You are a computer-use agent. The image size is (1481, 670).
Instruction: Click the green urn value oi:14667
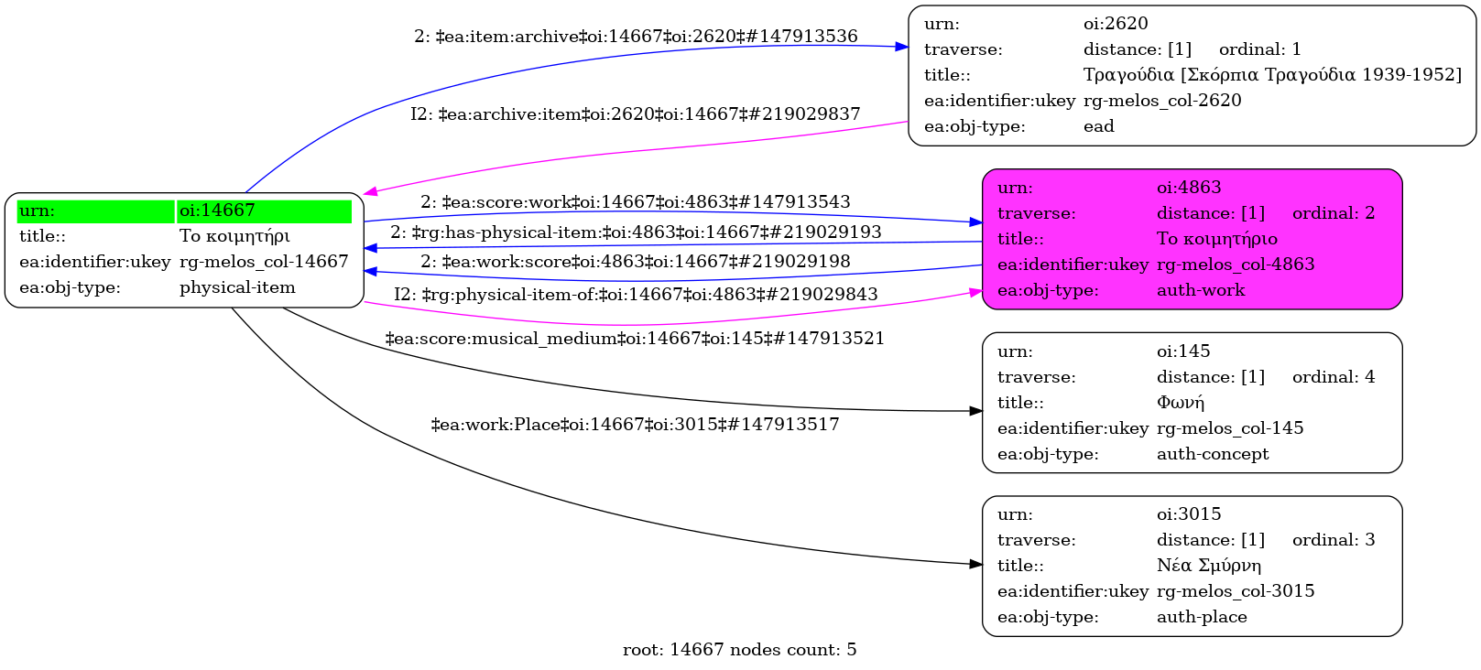tap(217, 211)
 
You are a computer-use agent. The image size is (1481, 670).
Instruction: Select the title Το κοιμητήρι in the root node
tap(234, 236)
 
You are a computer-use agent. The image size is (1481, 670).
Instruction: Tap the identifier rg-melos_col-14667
tap(264, 262)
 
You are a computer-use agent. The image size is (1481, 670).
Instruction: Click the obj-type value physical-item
tap(237, 287)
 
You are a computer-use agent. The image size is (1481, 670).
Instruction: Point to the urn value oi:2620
tap(1115, 24)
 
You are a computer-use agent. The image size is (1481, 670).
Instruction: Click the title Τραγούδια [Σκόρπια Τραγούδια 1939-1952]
tap(1272, 75)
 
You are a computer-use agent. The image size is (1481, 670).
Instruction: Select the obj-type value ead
tap(1098, 126)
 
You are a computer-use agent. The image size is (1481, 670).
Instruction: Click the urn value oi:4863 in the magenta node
tap(1189, 188)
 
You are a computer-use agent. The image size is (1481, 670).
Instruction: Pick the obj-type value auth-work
tap(1201, 290)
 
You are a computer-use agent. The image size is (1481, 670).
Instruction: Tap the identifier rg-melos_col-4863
tap(1236, 265)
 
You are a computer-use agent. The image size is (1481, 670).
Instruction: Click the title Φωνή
tap(1181, 403)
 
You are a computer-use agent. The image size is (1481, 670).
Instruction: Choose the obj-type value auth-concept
tap(1213, 454)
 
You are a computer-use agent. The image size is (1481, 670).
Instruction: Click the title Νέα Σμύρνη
tap(1209, 566)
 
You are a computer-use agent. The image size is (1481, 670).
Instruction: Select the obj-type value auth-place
tap(1202, 617)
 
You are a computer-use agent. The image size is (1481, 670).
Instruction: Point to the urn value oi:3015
tap(1189, 514)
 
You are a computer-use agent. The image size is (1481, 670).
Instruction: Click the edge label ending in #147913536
tap(636, 37)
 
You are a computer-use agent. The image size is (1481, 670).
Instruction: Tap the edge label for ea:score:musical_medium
tap(635, 339)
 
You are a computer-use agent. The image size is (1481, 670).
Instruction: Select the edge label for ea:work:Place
tap(635, 425)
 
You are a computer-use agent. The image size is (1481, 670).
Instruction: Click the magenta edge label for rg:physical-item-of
tap(636, 295)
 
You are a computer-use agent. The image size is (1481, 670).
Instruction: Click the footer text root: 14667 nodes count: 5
tap(739, 650)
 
